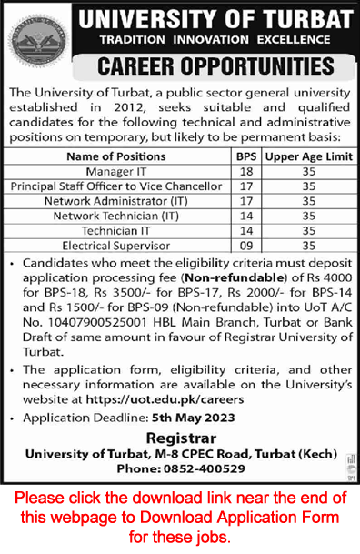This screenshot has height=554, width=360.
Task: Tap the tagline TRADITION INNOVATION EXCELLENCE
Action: tap(215, 39)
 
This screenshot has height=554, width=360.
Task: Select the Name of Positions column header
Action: tap(115, 156)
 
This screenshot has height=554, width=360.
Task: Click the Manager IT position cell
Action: tap(115, 171)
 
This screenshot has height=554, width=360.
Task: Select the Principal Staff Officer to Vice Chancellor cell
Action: tap(115, 186)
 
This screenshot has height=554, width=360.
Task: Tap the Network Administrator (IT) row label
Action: tap(115, 200)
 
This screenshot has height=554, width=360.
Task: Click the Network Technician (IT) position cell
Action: tap(115, 215)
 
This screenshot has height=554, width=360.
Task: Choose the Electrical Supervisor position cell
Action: tap(115, 245)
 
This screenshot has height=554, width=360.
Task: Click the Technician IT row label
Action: tap(115, 230)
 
